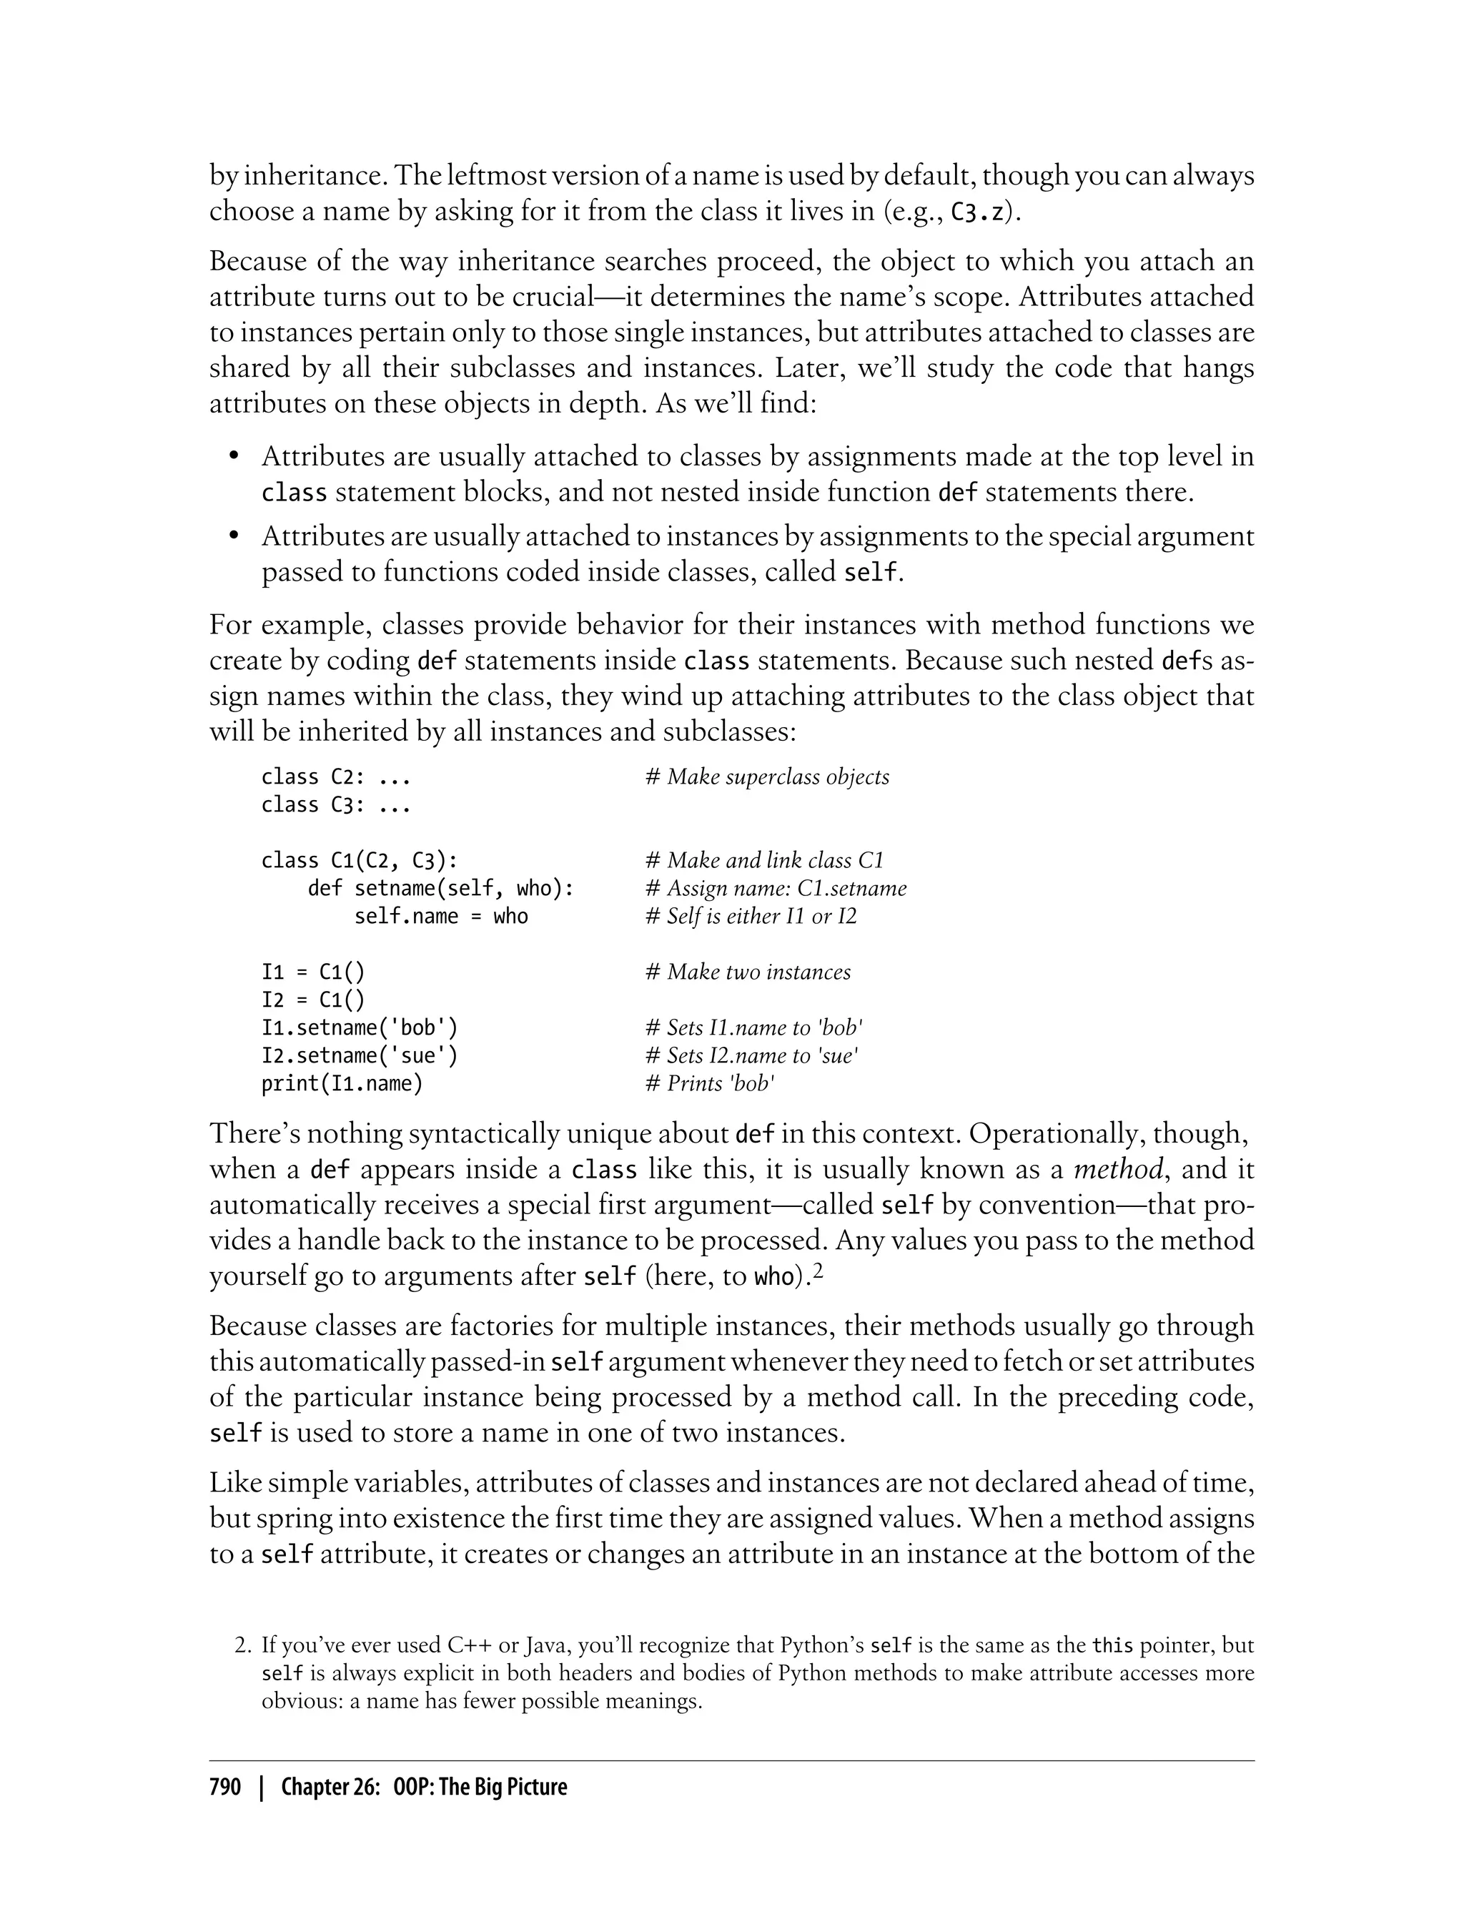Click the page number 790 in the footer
click(x=225, y=1787)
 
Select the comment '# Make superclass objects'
click(x=767, y=777)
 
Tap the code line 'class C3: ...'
click(x=335, y=804)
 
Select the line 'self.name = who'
click(x=440, y=916)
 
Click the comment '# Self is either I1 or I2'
click(x=751, y=916)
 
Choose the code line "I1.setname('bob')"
click(x=359, y=1027)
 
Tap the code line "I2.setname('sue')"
click(x=359, y=1055)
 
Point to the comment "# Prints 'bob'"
click(x=709, y=1083)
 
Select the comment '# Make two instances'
click(x=748, y=972)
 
